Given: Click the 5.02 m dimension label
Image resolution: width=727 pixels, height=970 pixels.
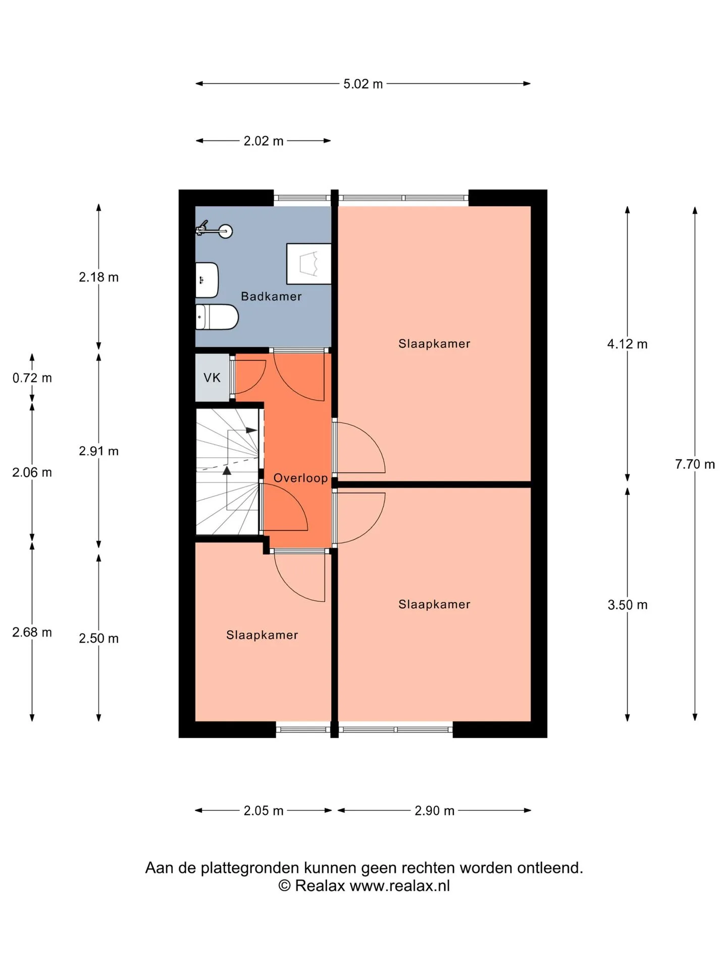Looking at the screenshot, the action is point(363,84).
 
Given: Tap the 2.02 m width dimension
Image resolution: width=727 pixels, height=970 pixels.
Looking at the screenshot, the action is point(264,141).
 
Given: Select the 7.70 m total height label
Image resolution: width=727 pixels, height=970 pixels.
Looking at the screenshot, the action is point(695,464).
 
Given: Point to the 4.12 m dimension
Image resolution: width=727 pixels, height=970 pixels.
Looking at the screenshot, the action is point(628,344).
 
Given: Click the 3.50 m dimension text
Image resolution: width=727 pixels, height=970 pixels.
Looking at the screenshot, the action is point(628,605).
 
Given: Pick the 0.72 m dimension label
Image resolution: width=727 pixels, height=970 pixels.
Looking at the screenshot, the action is point(32,378).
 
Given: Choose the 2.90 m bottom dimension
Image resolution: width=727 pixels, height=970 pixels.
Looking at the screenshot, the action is point(435,811).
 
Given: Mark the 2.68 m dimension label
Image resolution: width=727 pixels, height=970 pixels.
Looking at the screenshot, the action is point(32,633).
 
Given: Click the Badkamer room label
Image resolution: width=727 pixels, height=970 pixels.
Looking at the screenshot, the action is point(271,297).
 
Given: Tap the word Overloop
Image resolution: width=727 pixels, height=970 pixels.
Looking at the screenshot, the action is point(300,478).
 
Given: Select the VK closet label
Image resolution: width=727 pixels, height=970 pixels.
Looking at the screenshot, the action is point(212,378).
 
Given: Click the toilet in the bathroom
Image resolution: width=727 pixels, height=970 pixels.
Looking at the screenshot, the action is point(217,317).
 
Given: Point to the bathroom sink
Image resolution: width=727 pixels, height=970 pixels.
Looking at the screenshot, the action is point(207,280).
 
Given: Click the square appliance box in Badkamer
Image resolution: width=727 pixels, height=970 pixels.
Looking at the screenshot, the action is point(309,264).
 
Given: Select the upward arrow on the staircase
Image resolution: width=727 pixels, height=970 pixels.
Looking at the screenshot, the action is point(227,470).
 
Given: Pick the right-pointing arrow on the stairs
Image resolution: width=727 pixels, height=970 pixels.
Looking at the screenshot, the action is point(251,430).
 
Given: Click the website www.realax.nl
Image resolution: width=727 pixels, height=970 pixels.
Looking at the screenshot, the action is point(399,886).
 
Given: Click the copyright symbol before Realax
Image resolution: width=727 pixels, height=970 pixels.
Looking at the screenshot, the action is point(285,886).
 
